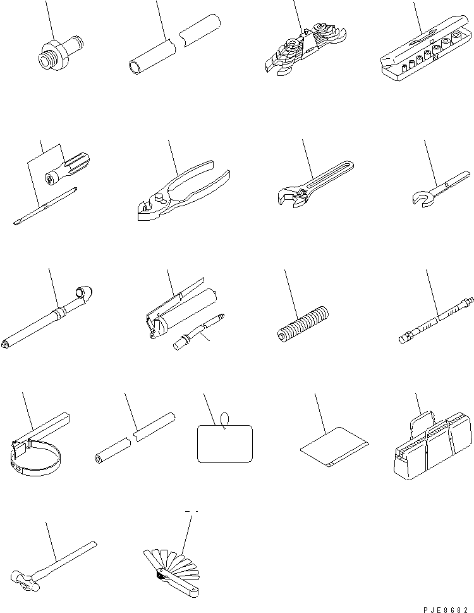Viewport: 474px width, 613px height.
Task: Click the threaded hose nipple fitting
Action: point(60,53)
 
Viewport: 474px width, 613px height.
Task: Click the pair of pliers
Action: point(183,190)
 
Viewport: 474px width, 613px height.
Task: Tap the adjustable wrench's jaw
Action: point(289,196)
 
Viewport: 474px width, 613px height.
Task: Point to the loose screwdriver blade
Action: point(45,206)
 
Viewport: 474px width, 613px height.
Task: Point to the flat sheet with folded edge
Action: point(334,447)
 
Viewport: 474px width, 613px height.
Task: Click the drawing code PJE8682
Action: point(446,609)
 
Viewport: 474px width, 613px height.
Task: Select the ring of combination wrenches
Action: point(305,50)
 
